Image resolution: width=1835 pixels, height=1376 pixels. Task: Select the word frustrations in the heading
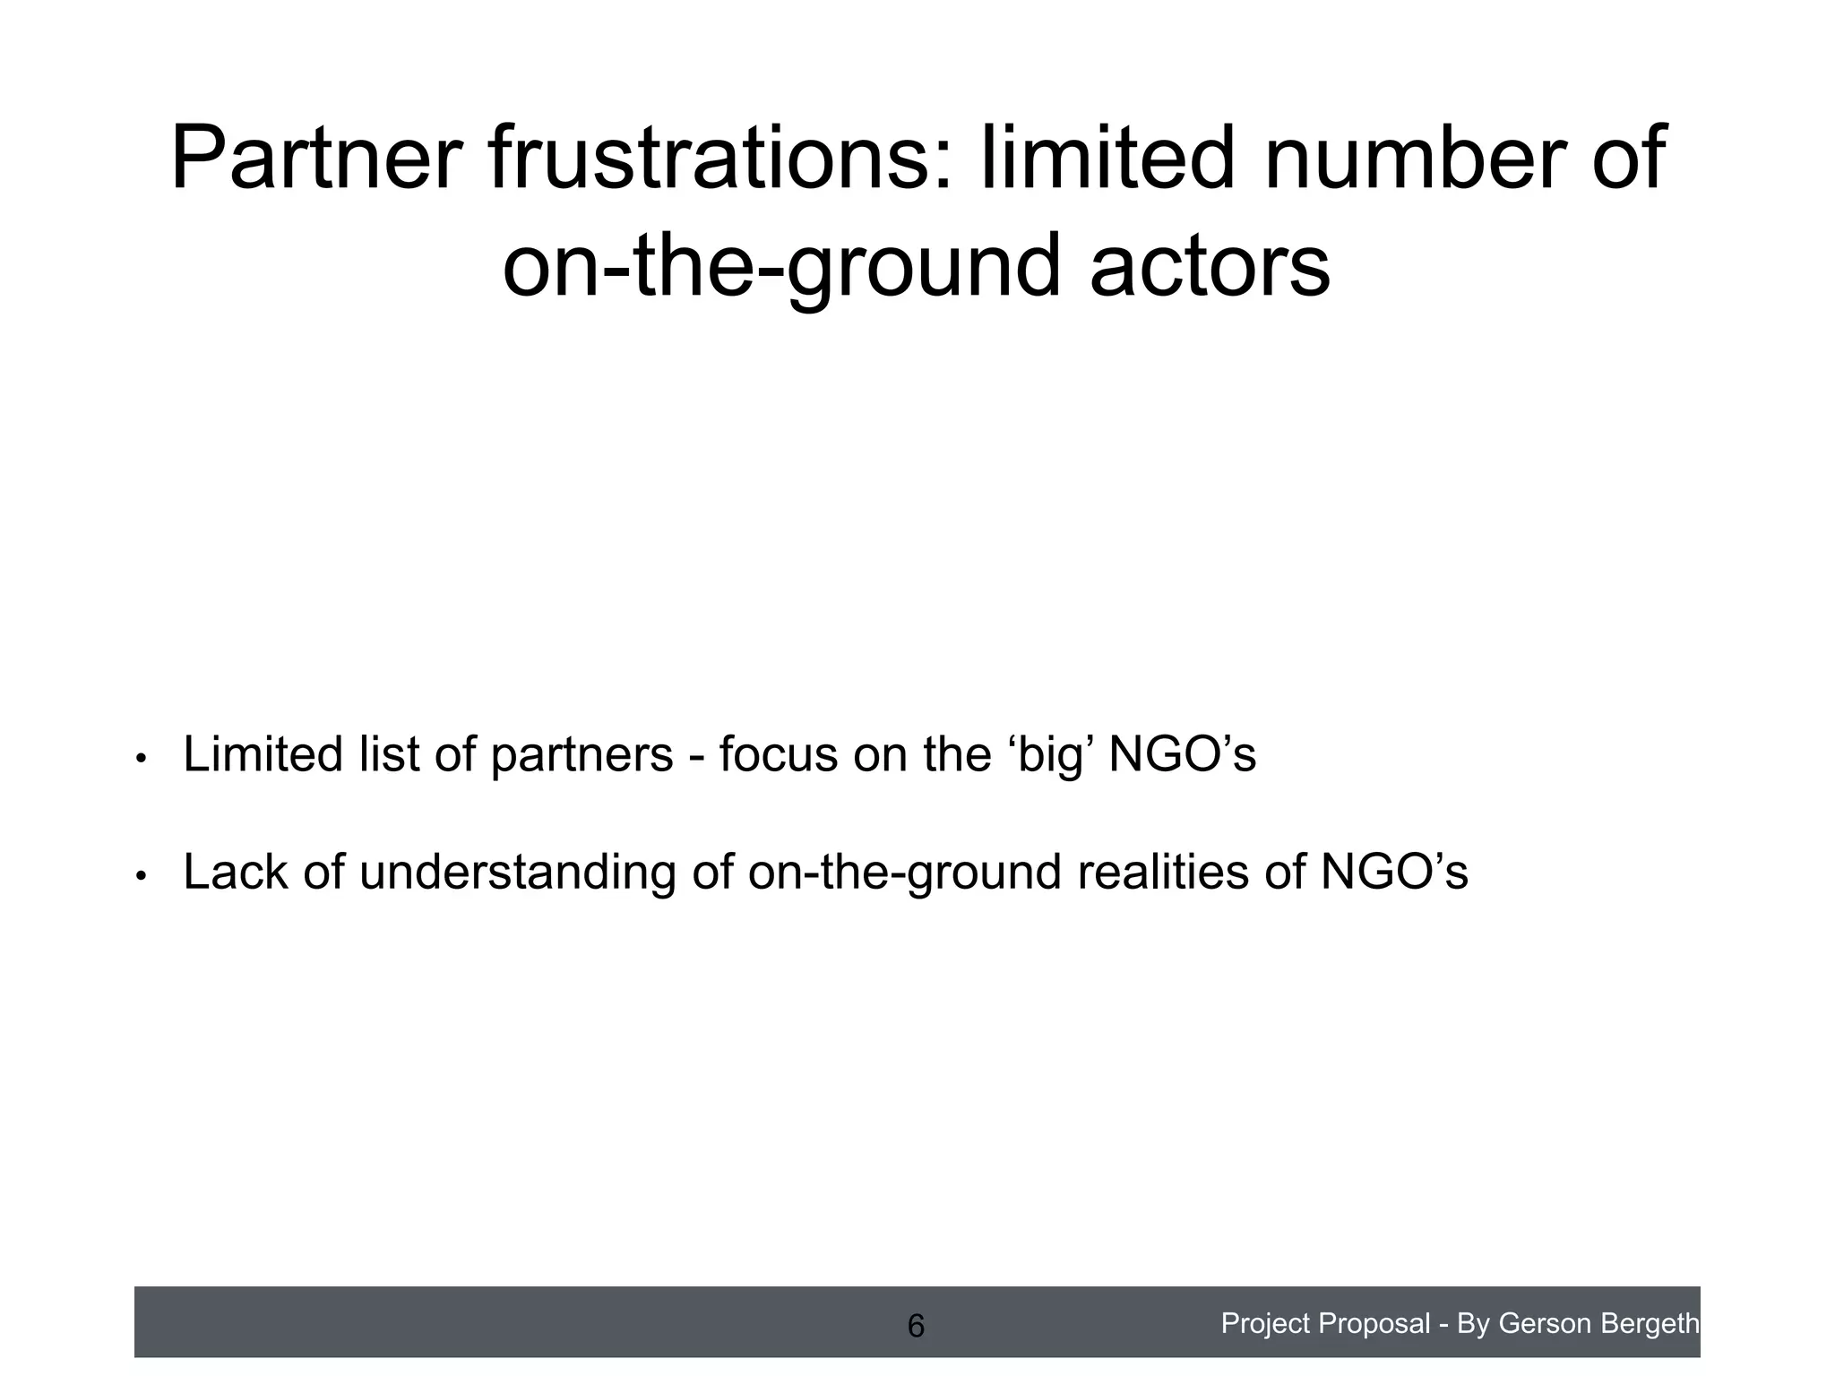tap(719, 159)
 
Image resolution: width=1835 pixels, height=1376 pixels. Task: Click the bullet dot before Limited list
tap(140, 760)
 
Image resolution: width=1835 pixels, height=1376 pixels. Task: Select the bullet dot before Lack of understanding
tap(140, 876)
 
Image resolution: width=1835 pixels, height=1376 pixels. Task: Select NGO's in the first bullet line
tap(1183, 754)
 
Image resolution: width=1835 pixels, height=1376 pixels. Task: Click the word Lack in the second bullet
tap(236, 872)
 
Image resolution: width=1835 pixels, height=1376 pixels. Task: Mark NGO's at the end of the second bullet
tap(1395, 872)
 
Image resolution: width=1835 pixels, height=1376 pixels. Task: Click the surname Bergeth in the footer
tap(1655, 1323)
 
